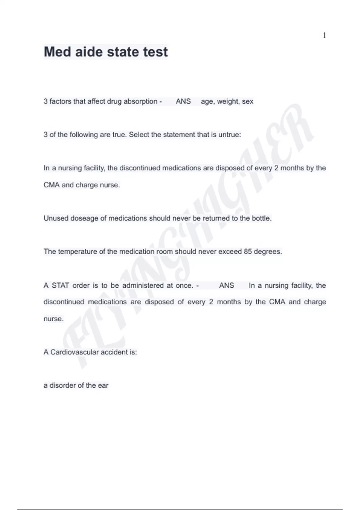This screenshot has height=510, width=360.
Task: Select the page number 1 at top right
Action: pyautogui.click(x=324, y=35)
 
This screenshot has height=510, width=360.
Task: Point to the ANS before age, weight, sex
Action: pyautogui.click(x=183, y=101)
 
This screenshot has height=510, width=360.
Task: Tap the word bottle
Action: pyautogui.click(x=261, y=218)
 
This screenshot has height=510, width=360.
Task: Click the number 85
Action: pyautogui.click(x=248, y=252)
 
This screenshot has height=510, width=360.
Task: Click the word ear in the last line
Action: pyautogui.click(x=103, y=385)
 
